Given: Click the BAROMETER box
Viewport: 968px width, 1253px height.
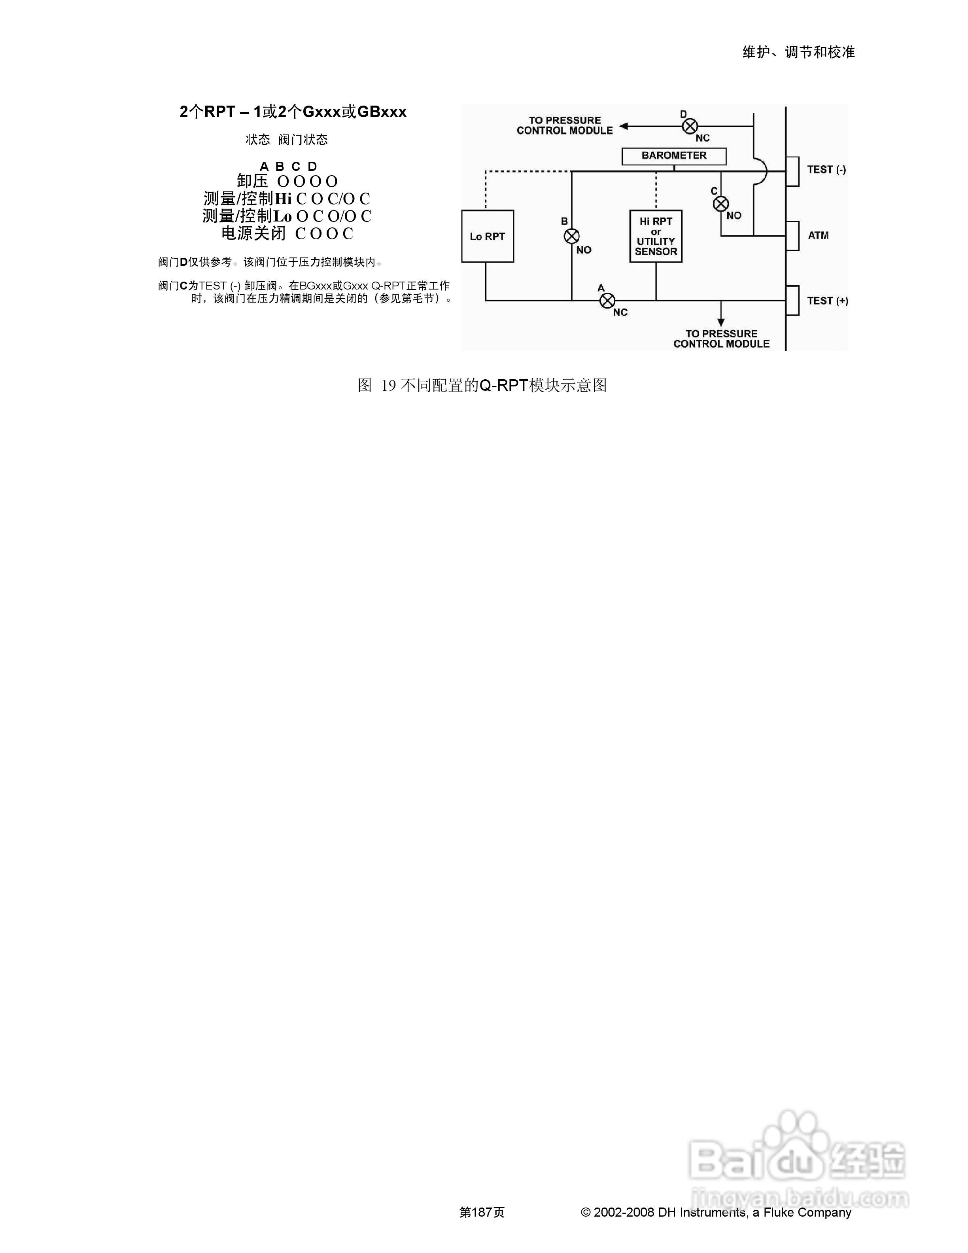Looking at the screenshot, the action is (674, 156).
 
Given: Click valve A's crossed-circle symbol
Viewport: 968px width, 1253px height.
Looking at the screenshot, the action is (607, 300).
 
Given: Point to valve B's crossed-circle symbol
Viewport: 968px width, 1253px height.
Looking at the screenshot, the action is (572, 236).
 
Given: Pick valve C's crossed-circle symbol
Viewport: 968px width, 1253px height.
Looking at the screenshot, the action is (721, 204).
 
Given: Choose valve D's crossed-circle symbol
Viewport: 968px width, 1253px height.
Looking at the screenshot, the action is (690, 126).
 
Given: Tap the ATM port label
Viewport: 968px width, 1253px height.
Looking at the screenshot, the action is (818, 235).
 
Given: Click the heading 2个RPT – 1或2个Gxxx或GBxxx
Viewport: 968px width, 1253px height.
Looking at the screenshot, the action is (293, 112).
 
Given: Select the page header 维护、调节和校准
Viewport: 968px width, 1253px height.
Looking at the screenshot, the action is (798, 52).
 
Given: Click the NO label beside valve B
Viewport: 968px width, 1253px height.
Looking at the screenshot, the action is (584, 250).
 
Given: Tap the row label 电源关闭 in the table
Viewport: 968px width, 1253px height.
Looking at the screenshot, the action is (253, 233).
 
